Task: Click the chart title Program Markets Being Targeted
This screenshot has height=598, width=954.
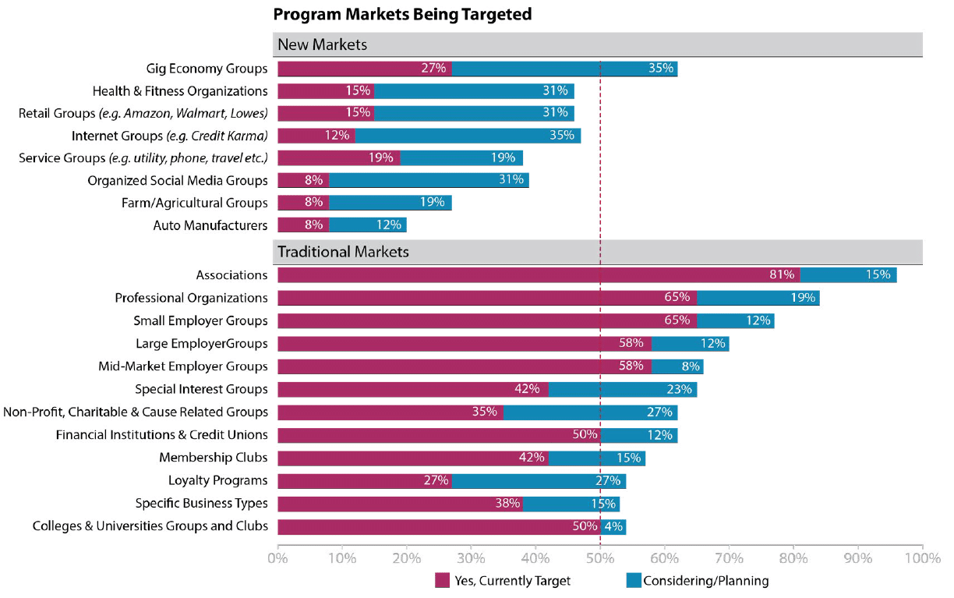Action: click(402, 14)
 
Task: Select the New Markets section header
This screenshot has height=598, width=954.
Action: click(323, 45)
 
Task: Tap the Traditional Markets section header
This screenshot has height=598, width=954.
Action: click(344, 252)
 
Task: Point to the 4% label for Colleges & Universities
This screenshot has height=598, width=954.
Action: click(613, 526)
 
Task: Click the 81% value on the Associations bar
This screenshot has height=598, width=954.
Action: click(781, 275)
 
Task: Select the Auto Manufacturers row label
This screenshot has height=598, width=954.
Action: click(210, 226)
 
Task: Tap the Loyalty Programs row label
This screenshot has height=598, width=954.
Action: click(218, 480)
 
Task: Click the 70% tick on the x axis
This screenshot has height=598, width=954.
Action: click(729, 559)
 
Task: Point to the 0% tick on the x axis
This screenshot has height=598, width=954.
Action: click(277, 559)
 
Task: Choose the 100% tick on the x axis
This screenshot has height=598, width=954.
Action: click(921, 559)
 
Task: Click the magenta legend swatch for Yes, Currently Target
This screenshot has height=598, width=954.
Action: click(442, 581)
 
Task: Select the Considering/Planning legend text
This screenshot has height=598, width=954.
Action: click(706, 581)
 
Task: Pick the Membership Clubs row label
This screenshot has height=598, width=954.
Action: click(214, 458)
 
